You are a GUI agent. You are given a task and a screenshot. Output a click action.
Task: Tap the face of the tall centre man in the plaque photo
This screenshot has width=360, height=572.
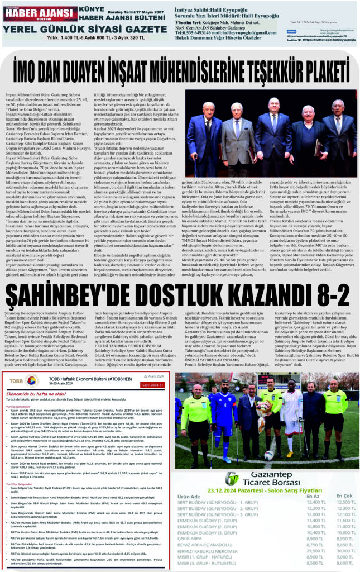(x=273, y=105)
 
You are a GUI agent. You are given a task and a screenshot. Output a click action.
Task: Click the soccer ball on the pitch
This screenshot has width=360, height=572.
(x=269, y=455)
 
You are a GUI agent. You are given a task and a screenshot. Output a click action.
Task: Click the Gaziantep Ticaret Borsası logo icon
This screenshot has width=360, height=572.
(x=231, y=479)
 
